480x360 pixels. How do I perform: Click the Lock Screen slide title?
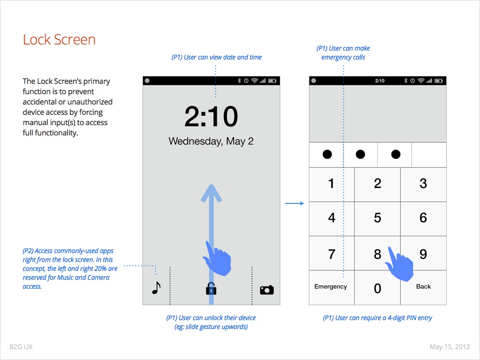59,40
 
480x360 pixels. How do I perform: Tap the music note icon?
156,287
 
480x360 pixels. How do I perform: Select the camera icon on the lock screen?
267,290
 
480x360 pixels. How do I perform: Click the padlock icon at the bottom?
211,289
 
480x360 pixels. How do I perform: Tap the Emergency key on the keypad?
331,287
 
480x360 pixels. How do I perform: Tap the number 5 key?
377,218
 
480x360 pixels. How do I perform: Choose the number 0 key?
377,287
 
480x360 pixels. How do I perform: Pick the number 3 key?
423,184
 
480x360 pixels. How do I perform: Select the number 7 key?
331,253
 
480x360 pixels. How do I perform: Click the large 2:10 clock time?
211,116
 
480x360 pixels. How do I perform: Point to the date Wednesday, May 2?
211,141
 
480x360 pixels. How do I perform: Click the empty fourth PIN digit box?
429,155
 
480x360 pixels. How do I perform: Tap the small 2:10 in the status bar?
380,81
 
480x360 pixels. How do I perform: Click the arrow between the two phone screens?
294,203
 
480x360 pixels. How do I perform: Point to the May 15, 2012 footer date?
450,347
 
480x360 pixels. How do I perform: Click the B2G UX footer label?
21,347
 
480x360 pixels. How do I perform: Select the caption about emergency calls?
343,52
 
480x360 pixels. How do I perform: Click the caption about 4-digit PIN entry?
377,318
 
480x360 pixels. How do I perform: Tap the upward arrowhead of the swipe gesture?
211,192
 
